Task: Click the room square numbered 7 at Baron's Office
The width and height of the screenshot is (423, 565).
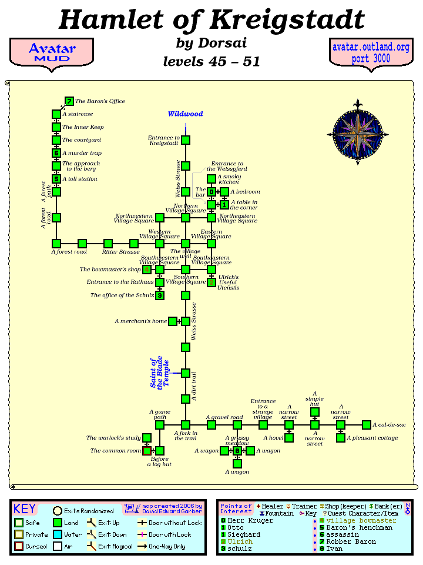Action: [x=69, y=101]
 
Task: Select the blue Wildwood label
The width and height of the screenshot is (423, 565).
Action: [x=185, y=114]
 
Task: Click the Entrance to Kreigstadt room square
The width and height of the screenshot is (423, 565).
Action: [x=186, y=140]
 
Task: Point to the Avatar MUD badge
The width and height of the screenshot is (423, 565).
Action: [x=52, y=52]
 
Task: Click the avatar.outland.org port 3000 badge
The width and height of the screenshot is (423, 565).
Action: [x=371, y=53]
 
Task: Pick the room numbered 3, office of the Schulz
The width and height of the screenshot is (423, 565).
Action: [x=160, y=295]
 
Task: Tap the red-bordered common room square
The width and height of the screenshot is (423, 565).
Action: [x=147, y=451]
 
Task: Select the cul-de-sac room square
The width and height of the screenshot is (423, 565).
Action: [x=367, y=425]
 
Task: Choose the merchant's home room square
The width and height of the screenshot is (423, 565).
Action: [x=173, y=321]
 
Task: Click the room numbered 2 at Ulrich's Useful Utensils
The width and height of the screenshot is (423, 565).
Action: [x=211, y=282]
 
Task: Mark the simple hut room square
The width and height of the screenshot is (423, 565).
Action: [x=315, y=412]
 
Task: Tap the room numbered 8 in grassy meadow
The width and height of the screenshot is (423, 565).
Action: [x=237, y=451]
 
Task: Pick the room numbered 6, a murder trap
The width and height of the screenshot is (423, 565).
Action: [x=56, y=153]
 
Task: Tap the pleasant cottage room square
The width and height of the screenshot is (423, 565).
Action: [x=341, y=438]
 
